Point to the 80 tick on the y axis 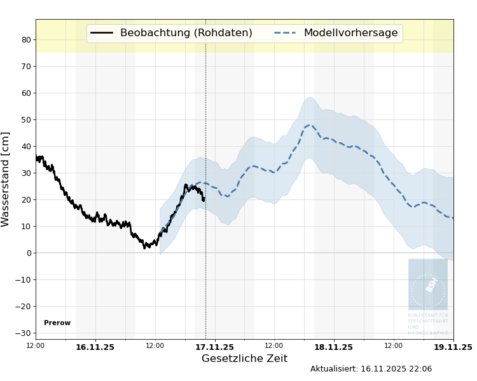pos(26,39)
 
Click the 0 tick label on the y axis pos(28,253)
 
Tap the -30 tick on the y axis pos(24,333)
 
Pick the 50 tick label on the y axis pos(26,119)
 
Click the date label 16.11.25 pos(95,347)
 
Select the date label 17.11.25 pos(214,347)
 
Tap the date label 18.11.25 pos(333,347)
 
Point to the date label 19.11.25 pos(453,347)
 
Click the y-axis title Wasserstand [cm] pos(6,179)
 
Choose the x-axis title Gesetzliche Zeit pos(244,359)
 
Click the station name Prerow pos(57,323)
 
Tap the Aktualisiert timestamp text pos(371,369)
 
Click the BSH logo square pos(427,284)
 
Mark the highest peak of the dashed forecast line pos(310,125)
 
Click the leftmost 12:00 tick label pos(36,345)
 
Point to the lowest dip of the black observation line pos(145,247)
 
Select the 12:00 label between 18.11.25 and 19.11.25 pos(393,345)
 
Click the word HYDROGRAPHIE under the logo pos(428,333)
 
